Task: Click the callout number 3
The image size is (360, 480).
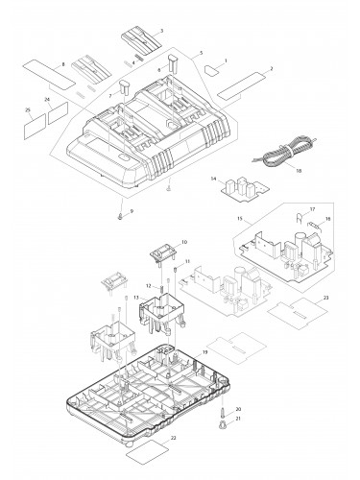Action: pyautogui.click(x=161, y=31)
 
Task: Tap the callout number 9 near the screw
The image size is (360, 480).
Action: pyautogui.click(x=132, y=211)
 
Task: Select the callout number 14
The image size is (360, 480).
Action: pyautogui.click(x=213, y=179)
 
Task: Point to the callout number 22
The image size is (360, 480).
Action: pyautogui.click(x=173, y=438)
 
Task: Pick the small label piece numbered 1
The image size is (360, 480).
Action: pyautogui.click(x=211, y=70)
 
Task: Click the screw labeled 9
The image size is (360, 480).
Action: pyautogui.click(x=120, y=217)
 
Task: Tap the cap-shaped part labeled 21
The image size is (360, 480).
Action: pyautogui.click(x=222, y=424)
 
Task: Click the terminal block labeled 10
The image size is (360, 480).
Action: pyautogui.click(x=163, y=253)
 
